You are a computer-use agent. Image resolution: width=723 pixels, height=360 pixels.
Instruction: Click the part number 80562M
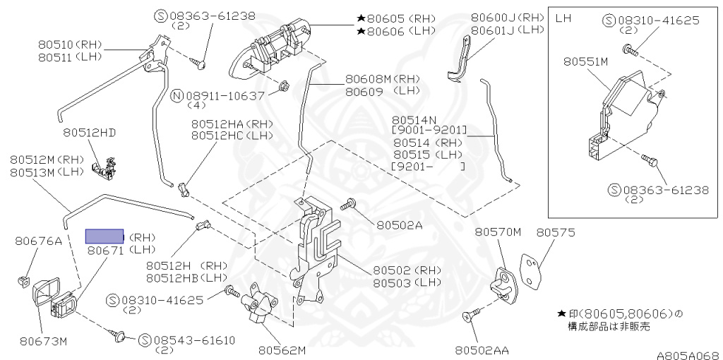[x=281, y=349]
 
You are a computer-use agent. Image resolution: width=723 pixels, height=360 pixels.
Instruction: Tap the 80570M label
[x=497, y=232]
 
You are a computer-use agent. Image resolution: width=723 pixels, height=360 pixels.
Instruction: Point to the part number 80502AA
[x=483, y=349]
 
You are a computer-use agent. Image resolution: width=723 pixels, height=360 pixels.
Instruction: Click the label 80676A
[x=38, y=241]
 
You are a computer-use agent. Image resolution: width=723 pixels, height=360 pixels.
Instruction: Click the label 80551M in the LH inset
[x=585, y=61]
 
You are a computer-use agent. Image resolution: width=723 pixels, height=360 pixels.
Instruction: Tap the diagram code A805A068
[x=688, y=355]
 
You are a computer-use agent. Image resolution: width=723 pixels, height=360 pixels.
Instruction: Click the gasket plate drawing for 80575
[x=532, y=268]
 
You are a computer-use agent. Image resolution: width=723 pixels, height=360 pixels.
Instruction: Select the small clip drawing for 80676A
[x=23, y=282]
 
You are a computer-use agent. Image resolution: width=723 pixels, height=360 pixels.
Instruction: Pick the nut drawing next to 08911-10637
[x=282, y=87]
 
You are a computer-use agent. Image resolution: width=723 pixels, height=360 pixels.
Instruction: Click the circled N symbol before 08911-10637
[x=177, y=95]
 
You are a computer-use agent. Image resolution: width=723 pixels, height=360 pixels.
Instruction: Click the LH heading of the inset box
[x=563, y=17]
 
